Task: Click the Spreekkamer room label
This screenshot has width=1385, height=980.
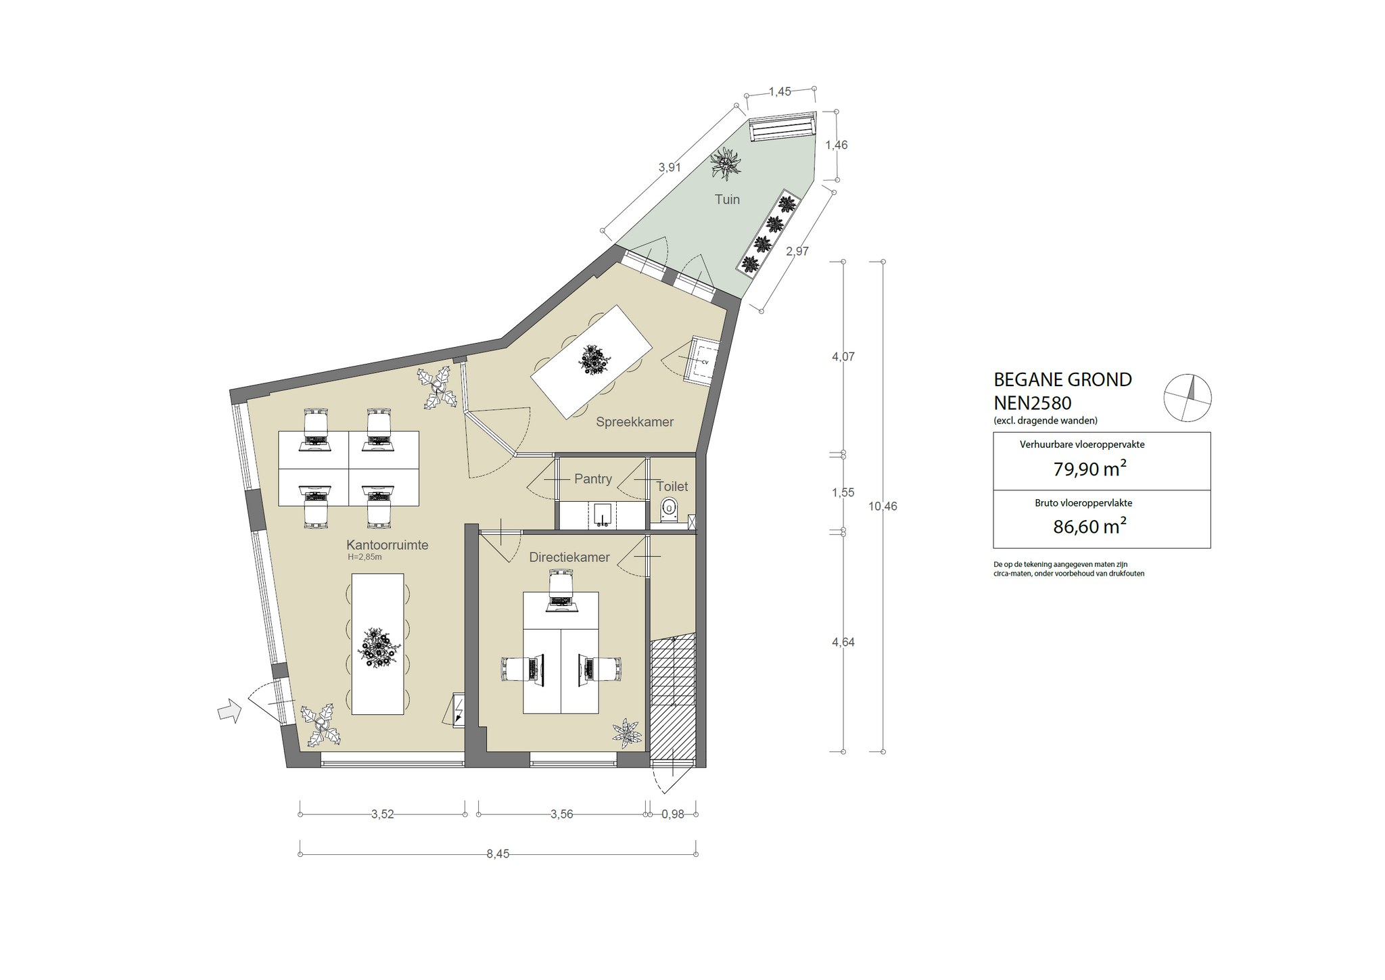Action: point(634,422)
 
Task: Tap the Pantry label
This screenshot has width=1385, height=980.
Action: point(592,479)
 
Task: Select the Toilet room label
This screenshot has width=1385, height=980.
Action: point(672,486)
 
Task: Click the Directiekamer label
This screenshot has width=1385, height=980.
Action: point(569,557)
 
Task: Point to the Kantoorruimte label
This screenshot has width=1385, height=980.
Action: point(387,545)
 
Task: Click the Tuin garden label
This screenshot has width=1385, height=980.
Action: point(727,200)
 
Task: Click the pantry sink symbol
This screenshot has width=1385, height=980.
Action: point(603,515)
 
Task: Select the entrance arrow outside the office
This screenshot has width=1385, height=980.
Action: point(229,711)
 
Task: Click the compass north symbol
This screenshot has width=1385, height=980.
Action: point(1187,398)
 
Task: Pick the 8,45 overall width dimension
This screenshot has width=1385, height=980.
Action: point(498,854)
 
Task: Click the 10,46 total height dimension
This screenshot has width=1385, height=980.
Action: point(883,507)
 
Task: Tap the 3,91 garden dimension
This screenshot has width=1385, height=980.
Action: point(670,168)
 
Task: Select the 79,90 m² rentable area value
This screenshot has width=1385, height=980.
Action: point(1089,469)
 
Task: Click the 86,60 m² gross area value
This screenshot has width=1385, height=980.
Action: point(1089,527)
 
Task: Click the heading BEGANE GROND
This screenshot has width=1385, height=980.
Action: point(1062,380)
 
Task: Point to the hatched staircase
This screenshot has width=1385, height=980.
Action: point(673,697)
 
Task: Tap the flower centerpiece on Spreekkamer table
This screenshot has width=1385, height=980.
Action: point(594,360)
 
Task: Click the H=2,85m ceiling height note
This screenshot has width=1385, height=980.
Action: point(365,557)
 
